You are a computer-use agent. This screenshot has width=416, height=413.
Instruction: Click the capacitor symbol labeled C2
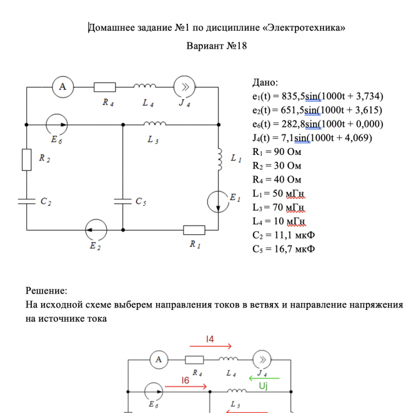click(27, 202)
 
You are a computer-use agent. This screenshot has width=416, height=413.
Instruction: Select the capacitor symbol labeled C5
click(122, 202)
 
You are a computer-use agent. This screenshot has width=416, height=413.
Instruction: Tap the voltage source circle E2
click(96, 229)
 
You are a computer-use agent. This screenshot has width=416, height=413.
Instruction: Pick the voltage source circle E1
click(218, 200)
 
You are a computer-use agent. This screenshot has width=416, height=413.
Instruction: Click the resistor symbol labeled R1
click(194, 229)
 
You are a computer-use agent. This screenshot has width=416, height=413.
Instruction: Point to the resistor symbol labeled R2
click(27, 159)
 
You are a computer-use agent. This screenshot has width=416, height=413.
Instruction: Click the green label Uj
click(264, 387)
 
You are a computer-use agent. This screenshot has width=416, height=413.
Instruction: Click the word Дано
click(265, 82)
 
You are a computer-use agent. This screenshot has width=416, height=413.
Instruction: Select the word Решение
click(46, 291)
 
